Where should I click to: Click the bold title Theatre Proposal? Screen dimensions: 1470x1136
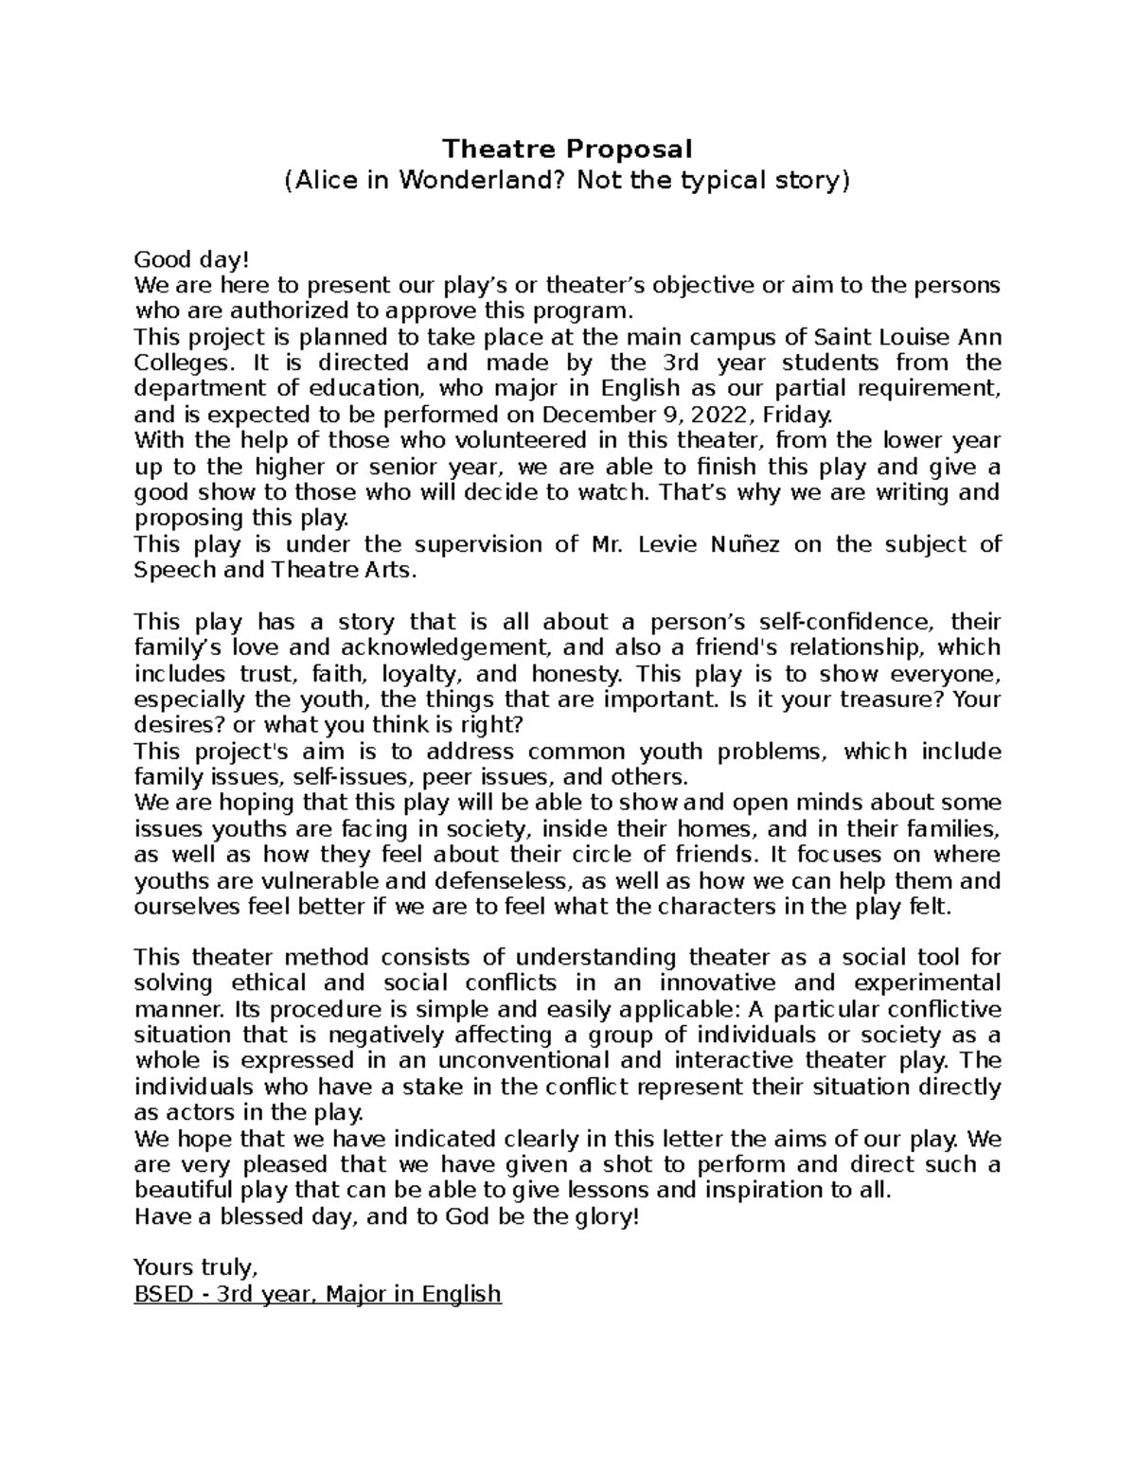(x=568, y=149)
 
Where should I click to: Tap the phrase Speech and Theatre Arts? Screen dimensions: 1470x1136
(x=275, y=571)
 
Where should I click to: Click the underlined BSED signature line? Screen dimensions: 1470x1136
(x=318, y=1294)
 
